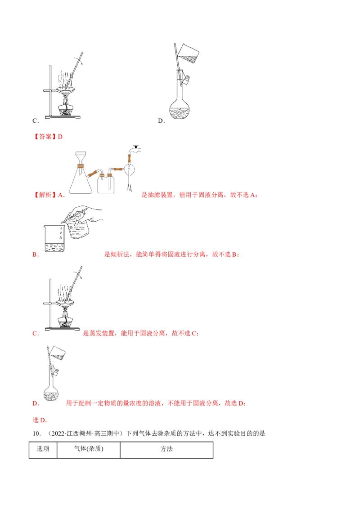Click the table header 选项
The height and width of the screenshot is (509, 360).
coord(43,448)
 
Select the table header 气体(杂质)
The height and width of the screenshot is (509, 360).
coord(89,448)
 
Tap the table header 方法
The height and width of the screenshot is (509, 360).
coord(166,448)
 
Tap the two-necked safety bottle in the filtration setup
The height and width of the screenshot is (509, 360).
coord(106,182)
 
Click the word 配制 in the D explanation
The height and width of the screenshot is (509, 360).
coord(84,403)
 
